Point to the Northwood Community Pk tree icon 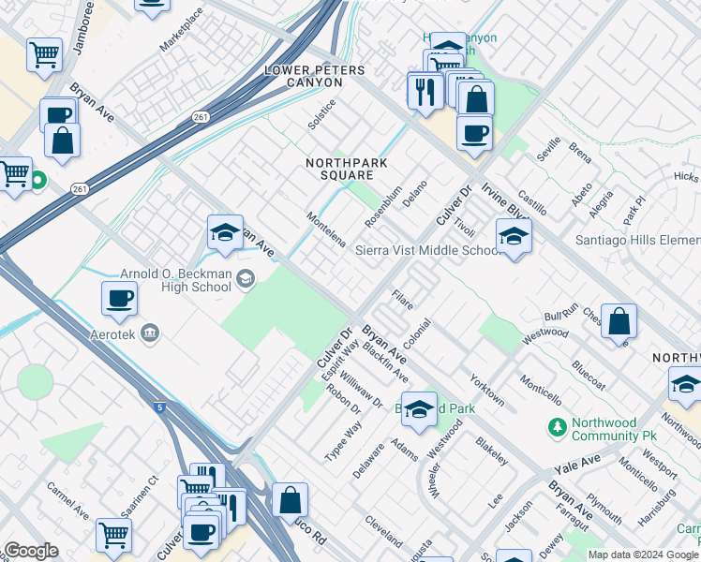pyautogui.click(x=558, y=427)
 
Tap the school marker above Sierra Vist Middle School pyautogui.click(x=514, y=238)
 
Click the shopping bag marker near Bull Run pyautogui.click(x=619, y=321)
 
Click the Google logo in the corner pyautogui.click(x=31, y=551)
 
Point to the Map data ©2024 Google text pyautogui.click(x=643, y=555)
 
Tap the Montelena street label pyautogui.click(x=325, y=229)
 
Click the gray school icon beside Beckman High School pyautogui.click(x=245, y=276)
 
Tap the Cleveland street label pyautogui.click(x=383, y=531)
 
